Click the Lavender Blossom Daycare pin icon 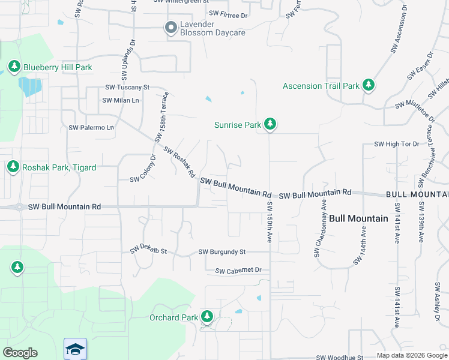click(x=170, y=27)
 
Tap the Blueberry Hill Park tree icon click(x=13, y=66)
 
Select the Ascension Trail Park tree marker click(x=368, y=85)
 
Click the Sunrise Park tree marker click(x=270, y=124)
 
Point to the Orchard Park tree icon click(x=207, y=316)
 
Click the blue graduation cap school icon click(x=76, y=349)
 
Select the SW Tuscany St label click(x=127, y=88)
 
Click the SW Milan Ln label click(x=121, y=100)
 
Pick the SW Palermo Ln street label click(x=91, y=127)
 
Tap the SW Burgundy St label click(x=222, y=251)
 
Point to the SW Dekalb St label click(x=148, y=249)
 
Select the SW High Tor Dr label click(x=397, y=144)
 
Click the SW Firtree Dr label click(x=228, y=13)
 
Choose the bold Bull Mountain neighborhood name click(x=358, y=218)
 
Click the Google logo click(x=20, y=353)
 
